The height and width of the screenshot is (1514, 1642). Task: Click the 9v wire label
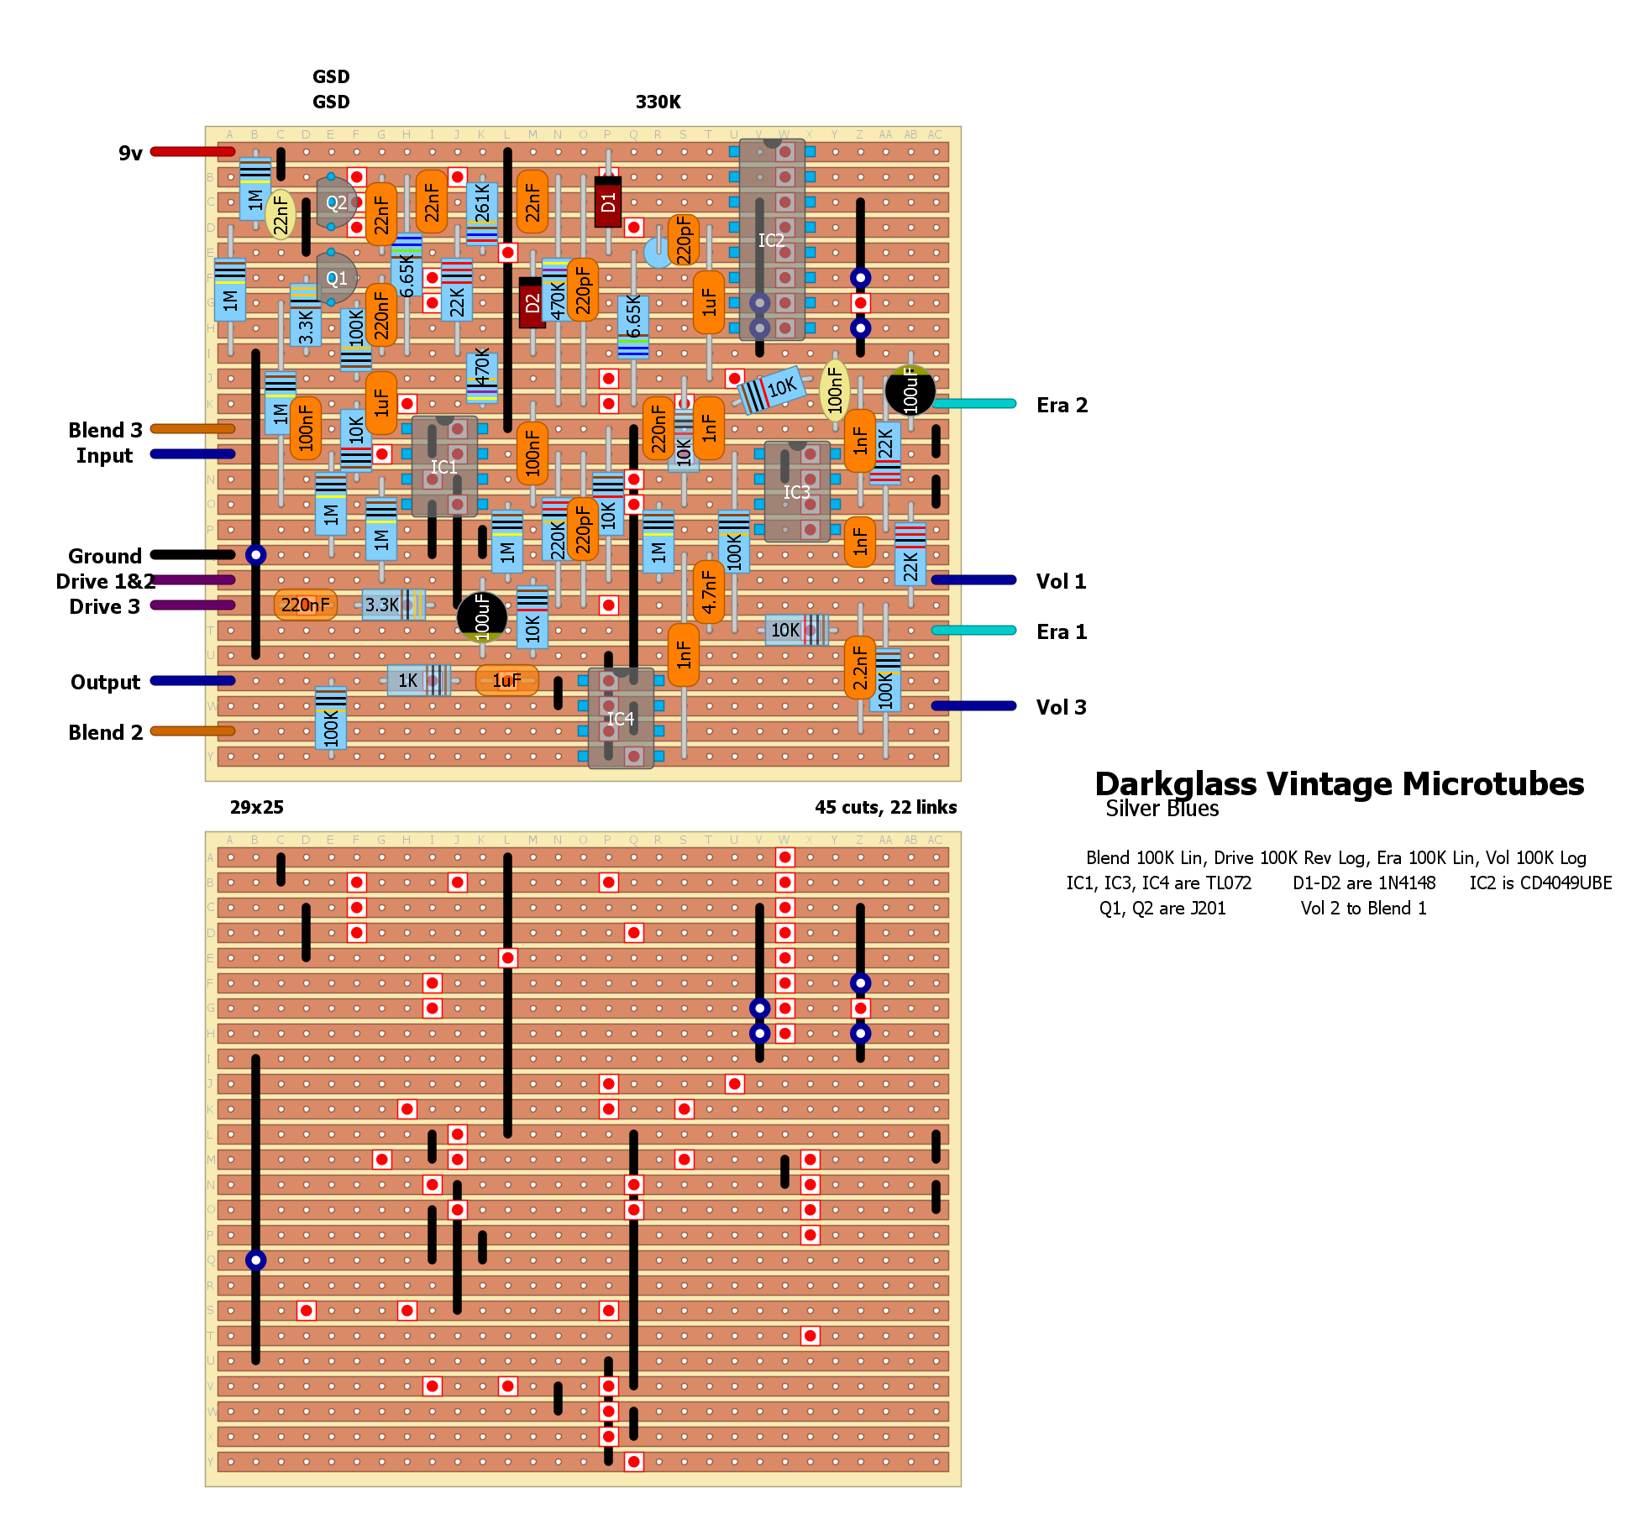click(130, 153)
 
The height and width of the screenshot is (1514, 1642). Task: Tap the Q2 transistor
click(336, 202)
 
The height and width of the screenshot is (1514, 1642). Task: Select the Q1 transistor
click(336, 278)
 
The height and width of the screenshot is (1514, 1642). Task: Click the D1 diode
click(608, 202)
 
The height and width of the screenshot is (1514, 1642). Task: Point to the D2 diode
click(532, 302)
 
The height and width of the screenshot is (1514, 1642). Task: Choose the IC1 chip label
click(443, 467)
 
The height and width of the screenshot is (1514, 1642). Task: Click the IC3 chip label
click(796, 492)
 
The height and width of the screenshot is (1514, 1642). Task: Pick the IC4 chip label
click(620, 719)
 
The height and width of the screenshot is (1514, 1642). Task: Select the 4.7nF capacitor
click(709, 592)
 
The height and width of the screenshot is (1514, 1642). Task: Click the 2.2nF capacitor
click(860, 668)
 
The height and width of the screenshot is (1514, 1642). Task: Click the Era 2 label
click(1062, 406)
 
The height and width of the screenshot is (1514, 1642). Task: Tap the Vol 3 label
click(1061, 707)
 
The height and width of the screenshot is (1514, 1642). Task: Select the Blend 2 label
click(106, 732)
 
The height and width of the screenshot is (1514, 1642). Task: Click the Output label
click(106, 682)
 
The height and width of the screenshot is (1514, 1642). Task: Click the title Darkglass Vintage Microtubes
click(1339, 783)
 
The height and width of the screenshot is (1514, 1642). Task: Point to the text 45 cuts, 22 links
click(885, 807)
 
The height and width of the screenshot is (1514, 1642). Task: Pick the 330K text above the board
click(658, 102)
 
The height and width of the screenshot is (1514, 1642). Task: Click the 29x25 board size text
click(257, 807)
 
